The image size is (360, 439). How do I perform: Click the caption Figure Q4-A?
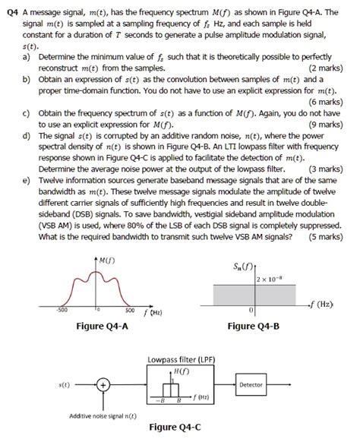tap(102, 327)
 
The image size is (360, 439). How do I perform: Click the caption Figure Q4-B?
tap(254, 327)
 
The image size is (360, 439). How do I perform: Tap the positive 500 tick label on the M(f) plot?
tap(130, 310)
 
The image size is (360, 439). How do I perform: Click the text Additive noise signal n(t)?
tap(102, 415)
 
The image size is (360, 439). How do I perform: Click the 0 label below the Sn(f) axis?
tap(250, 311)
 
